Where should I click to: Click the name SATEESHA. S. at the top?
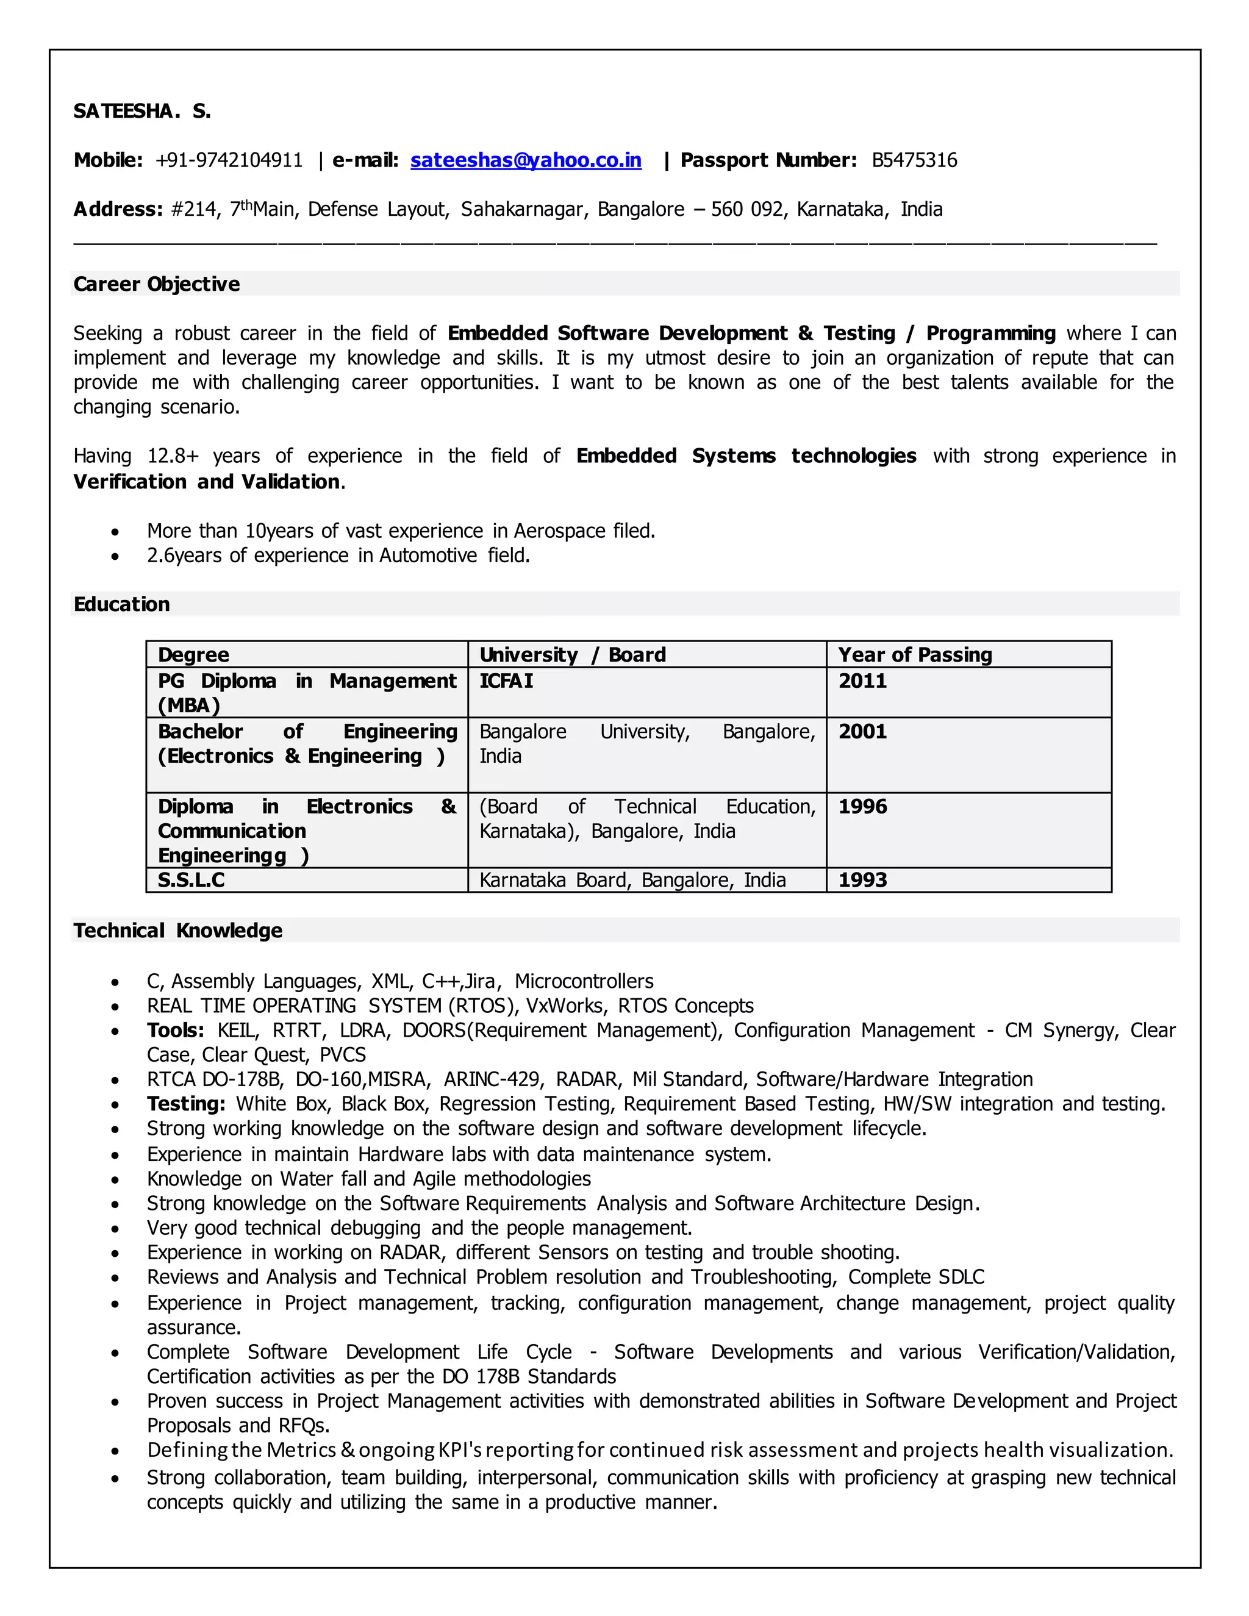(142, 111)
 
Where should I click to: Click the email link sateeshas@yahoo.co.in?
(525, 160)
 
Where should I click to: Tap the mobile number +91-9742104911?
(229, 160)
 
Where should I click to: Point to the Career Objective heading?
(156, 284)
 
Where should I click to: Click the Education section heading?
(121, 604)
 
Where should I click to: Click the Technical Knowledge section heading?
(177, 931)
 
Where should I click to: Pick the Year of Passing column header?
(915, 655)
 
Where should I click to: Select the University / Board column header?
(572, 655)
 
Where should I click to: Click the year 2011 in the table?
(862, 681)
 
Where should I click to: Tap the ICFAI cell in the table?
(506, 681)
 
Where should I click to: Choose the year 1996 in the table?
(862, 807)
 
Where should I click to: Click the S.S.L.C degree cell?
(191, 881)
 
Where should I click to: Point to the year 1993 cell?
(862, 881)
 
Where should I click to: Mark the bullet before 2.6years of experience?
(115, 556)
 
